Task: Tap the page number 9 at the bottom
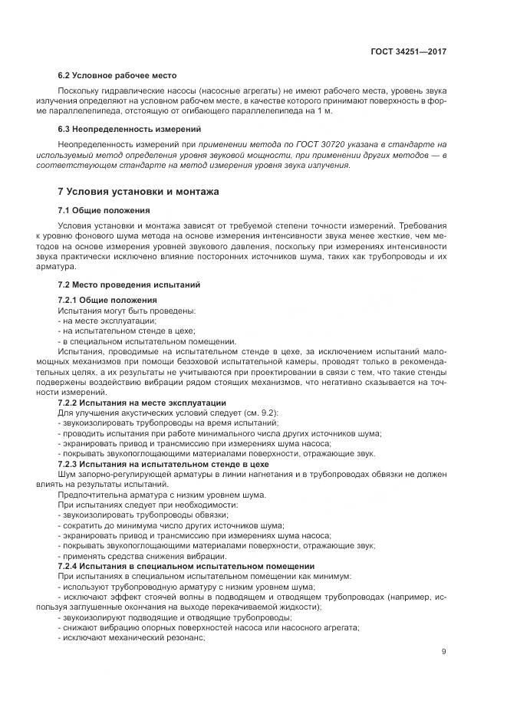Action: tap(444, 653)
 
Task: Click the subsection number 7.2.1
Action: tap(71, 299)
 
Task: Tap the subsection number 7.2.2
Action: tap(71, 403)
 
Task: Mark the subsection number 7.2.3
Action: tap(71, 464)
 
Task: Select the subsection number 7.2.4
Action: tap(71, 566)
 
